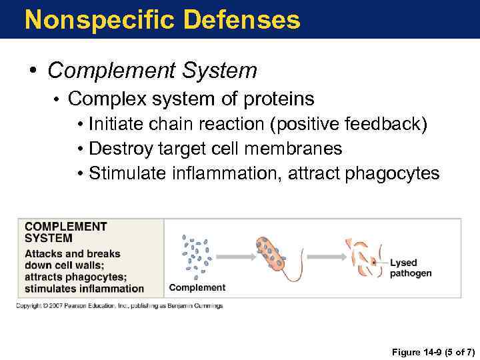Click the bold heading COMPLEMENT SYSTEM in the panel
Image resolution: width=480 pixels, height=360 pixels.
[x=65, y=231]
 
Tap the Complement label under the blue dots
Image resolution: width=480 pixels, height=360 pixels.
[x=197, y=287]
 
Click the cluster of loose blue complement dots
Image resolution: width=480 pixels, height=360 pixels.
[x=197, y=255]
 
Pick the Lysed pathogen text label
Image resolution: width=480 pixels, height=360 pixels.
[x=410, y=268]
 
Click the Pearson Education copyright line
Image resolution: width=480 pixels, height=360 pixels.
[x=120, y=306]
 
